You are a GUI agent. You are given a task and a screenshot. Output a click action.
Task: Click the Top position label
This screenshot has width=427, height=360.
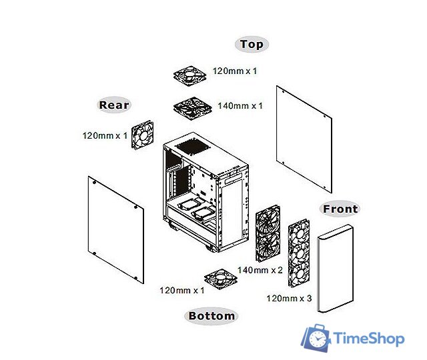pos(252,45)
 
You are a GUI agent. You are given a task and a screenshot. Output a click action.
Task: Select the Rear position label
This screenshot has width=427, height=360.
pos(114,105)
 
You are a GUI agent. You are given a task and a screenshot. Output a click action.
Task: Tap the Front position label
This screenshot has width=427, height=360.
pos(340,209)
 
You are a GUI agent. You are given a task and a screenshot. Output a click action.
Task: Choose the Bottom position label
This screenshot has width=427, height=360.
pos(211,315)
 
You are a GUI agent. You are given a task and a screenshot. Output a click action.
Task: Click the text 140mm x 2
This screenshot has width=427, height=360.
pos(260,270)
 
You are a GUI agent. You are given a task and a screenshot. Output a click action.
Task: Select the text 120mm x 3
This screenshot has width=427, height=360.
pos(289,298)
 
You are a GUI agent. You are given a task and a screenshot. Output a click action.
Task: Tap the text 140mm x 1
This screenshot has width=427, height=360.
pos(240,106)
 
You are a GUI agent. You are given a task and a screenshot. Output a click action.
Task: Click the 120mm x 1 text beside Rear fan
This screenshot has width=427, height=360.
pos(105,135)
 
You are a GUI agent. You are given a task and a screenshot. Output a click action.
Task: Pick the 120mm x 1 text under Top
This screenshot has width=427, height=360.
pos(235,70)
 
